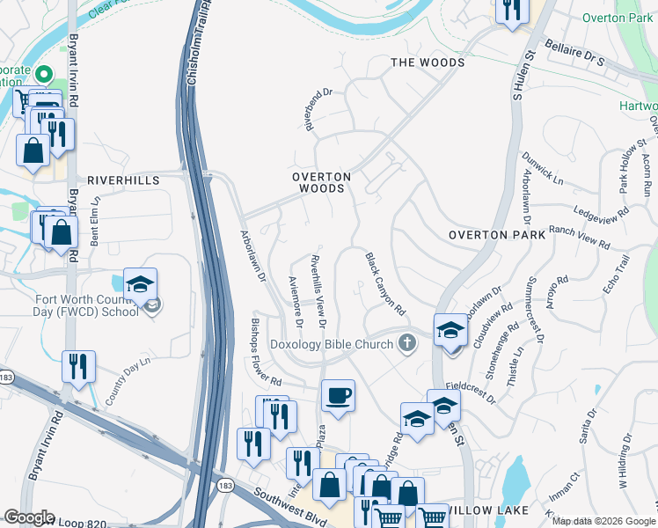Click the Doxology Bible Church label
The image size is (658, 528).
[x=331, y=344]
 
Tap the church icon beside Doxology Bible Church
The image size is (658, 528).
[x=406, y=343]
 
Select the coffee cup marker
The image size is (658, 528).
[x=337, y=395]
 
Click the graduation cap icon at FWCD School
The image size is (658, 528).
[x=140, y=284]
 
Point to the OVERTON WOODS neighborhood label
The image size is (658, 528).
[x=322, y=182]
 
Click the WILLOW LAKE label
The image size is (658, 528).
[x=490, y=510]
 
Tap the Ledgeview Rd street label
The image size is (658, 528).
[x=601, y=212]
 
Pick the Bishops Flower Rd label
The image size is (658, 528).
[x=265, y=349]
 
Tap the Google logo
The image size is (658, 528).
[x=28, y=517]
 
